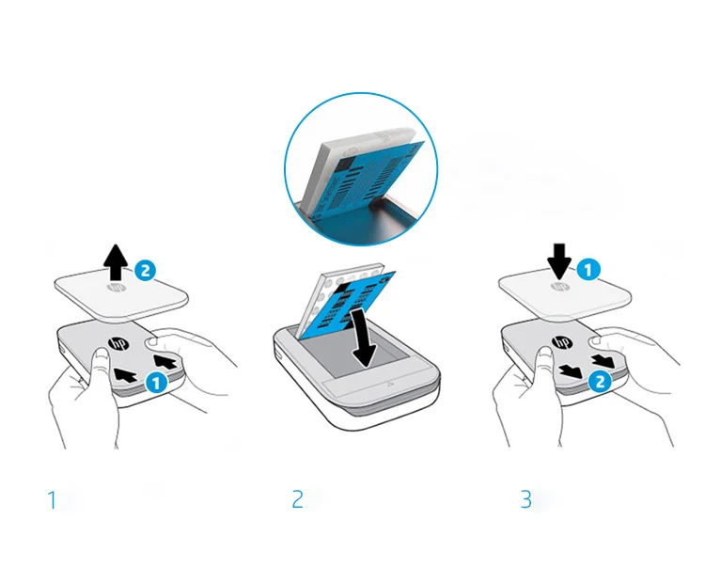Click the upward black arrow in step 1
[x=116, y=261]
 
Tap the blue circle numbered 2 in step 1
[x=145, y=271]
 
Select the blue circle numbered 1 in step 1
[x=156, y=384]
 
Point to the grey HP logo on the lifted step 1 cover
[x=115, y=288]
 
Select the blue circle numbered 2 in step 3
[x=600, y=382]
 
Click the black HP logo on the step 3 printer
[x=561, y=343]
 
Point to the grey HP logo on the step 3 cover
[x=559, y=287]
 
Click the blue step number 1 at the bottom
[x=53, y=500]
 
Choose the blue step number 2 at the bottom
[x=297, y=499]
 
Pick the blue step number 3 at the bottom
[x=526, y=499]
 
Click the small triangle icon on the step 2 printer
[x=388, y=384]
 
